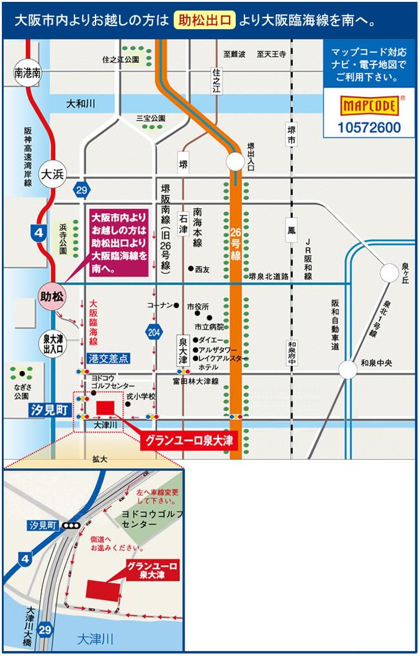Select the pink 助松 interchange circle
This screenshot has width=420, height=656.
tap(52, 297)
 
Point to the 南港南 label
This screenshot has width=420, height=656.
tap(28, 73)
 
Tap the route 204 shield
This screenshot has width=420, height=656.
tap(154, 332)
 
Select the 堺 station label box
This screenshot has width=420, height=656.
tap(183, 165)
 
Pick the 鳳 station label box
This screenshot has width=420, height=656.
tap(292, 230)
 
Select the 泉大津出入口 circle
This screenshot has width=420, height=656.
tap(53, 344)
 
